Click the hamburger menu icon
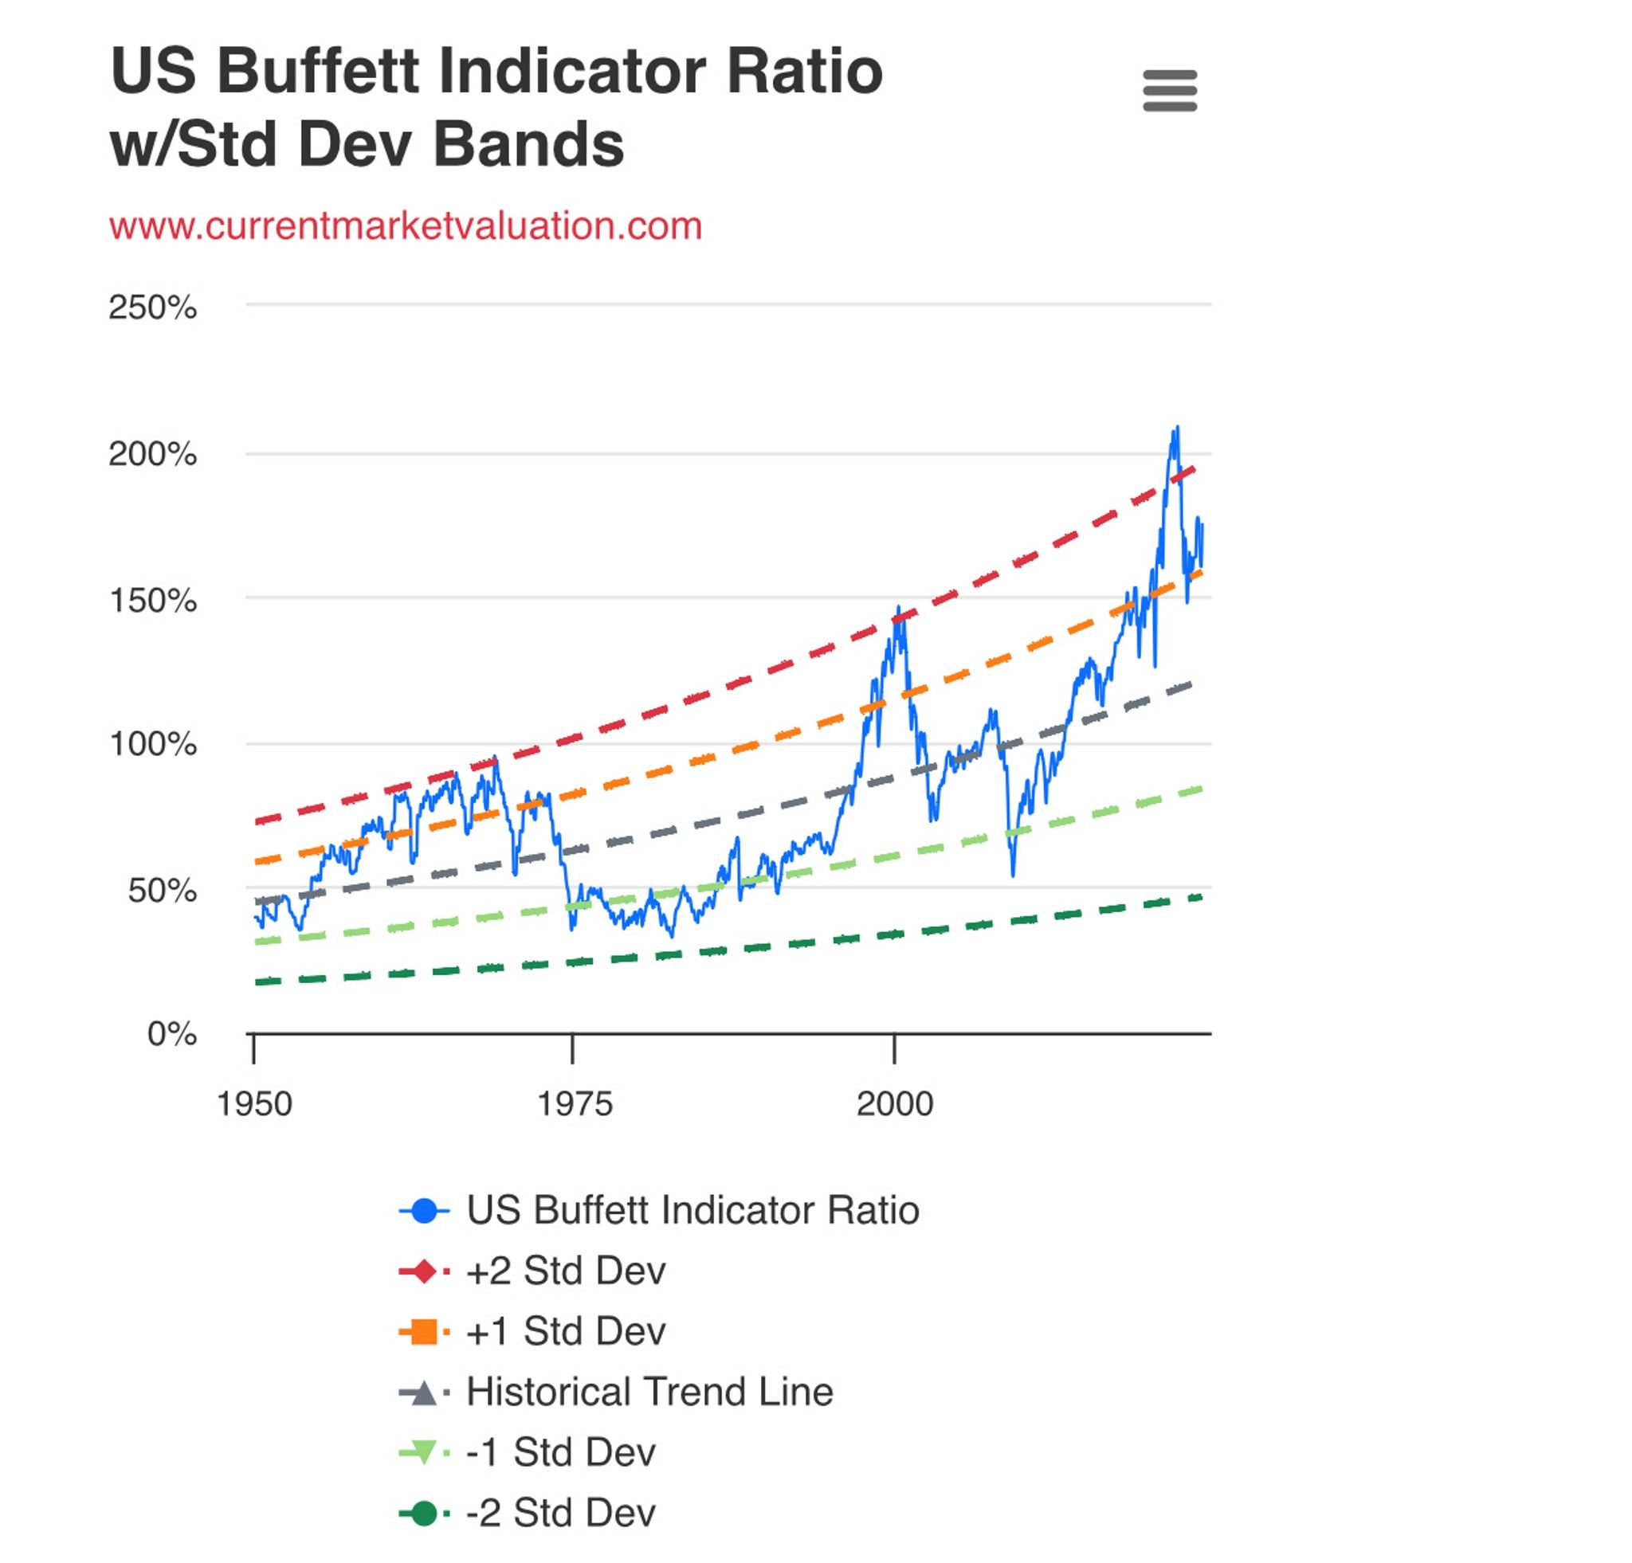pos(1170,91)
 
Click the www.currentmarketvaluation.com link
pos(406,226)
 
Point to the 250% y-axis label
pos(152,308)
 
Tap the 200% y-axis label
pos(152,454)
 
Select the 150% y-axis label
pos(152,600)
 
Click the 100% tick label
pos(152,743)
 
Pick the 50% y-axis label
pos(162,891)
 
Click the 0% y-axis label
pos(171,1034)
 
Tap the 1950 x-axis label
pos(254,1104)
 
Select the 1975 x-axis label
pos(574,1104)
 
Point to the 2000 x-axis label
pos(894,1104)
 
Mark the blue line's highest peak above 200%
pos(1176,428)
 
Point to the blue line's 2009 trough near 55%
pos(1013,875)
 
